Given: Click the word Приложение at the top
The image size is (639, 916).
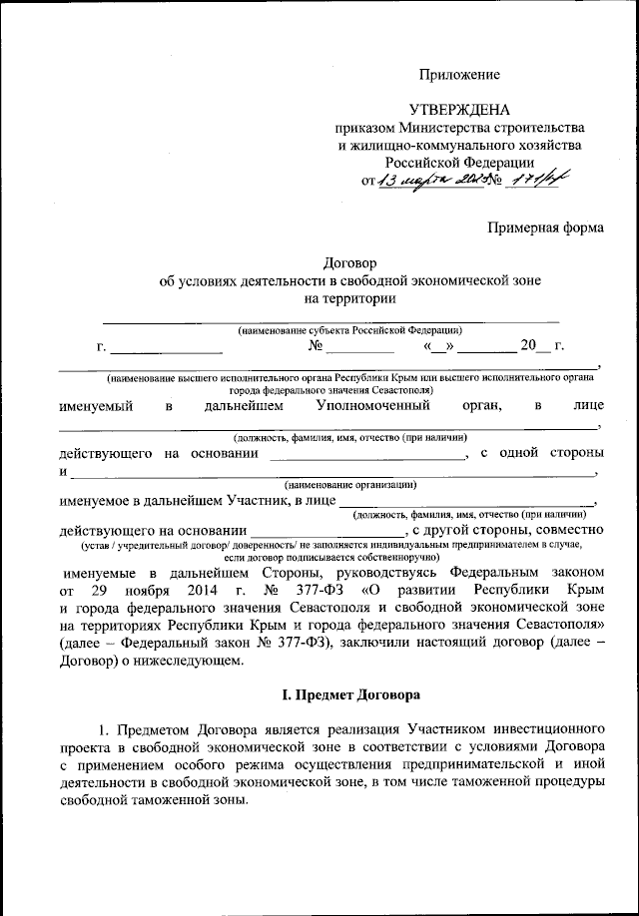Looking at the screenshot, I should [x=459, y=75].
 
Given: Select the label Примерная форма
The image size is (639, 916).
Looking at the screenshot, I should [x=545, y=228].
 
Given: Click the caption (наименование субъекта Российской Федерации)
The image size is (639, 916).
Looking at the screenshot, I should [x=348, y=329].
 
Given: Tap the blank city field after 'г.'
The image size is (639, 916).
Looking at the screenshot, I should [x=166, y=348].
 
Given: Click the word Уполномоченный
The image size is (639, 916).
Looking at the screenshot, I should [x=373, y=406].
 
